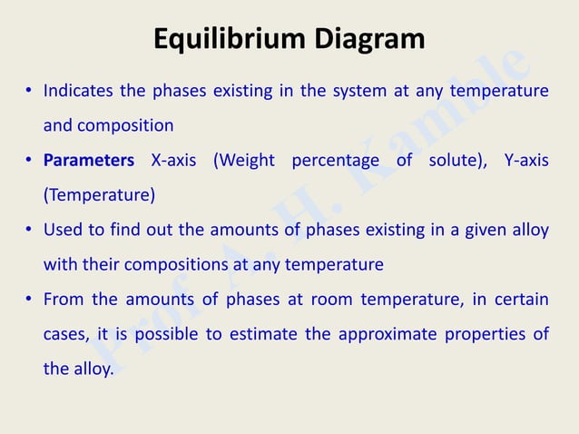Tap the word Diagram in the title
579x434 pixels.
click(369, 39)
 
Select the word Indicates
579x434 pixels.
click(77, 91)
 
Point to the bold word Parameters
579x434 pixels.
click(89, 161)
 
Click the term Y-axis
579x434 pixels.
click(525, 161)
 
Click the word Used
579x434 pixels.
click(63, 230)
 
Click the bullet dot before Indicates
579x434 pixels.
click(29, 92)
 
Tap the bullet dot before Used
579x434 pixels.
click(29, 231)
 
